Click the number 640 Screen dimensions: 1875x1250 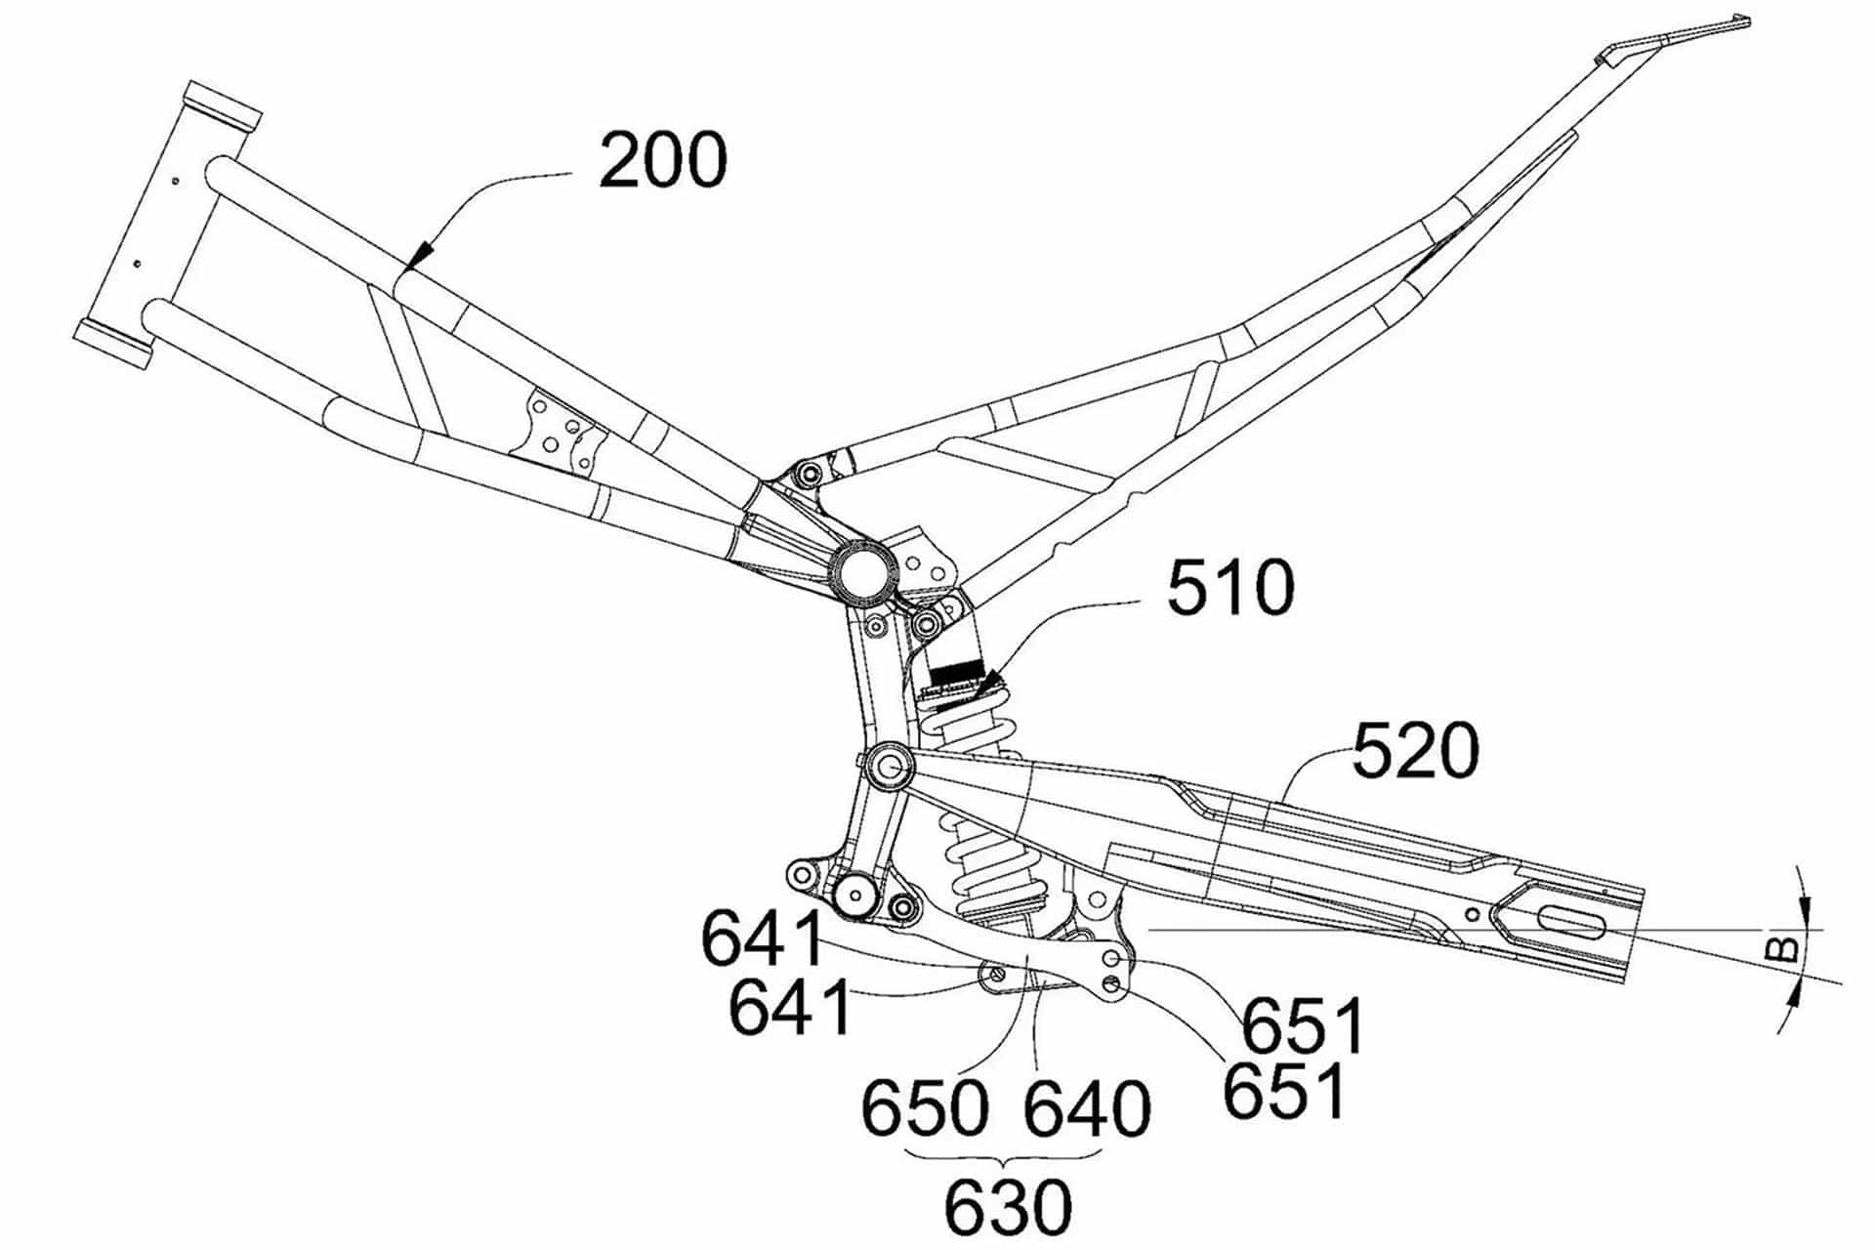[x=1086, y=1107]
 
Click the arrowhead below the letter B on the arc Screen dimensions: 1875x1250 [x=1798, y=995]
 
